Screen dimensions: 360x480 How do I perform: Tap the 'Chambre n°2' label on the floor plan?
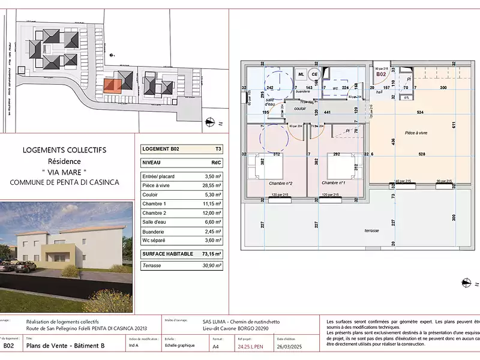281,183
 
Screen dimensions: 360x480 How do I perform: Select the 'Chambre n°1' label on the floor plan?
334,183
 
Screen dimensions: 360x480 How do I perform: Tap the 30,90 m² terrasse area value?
211,265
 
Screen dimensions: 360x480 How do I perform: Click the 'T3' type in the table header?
218,149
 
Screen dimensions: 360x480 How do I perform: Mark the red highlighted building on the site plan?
112,85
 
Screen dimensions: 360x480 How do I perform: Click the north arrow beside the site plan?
211,121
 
